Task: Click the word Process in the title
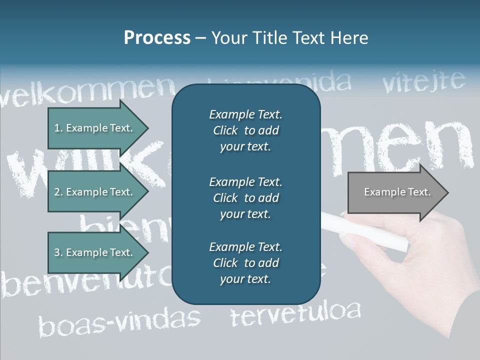157,38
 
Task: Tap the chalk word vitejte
424,81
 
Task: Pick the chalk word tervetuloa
295,313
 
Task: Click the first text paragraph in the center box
245,130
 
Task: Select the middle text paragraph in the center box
245,198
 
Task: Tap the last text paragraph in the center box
245,263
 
